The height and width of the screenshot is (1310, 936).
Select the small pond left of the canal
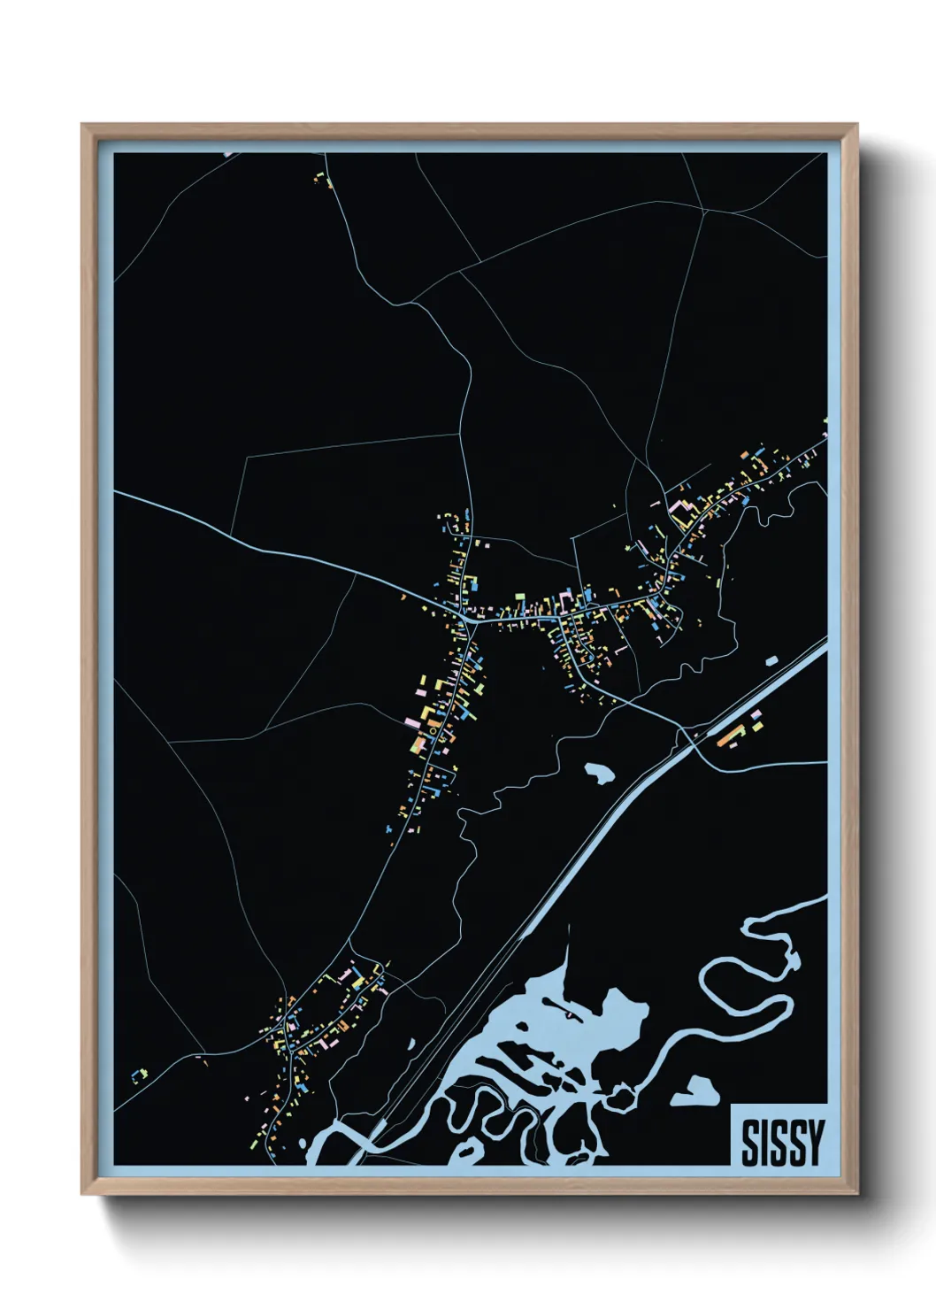click(x=599, y=773)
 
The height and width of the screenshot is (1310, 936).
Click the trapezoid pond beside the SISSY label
click(x=695, y=1093)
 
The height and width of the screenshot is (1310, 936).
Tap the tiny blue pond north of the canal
click(x=771, y=659)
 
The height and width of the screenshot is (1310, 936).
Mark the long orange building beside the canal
click(x=728, y=734)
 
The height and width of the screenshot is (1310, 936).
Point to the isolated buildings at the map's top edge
click(x=322, y=180)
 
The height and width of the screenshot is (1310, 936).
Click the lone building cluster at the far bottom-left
click(x=139, y=1075)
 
